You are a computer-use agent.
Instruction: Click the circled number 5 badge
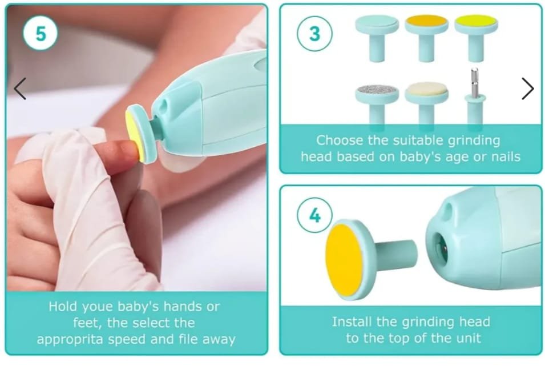point(41,33)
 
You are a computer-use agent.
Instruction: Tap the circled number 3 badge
point(314,34)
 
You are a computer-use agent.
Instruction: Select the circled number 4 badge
point(314,215)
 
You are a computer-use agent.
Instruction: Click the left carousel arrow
point(20,89)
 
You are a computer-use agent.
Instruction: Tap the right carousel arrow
point(528,89)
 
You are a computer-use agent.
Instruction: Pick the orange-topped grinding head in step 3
point(426,38)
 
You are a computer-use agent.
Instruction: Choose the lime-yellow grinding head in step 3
point(476,38)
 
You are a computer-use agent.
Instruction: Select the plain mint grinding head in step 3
point(377,38)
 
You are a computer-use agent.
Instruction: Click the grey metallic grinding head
point(377,103)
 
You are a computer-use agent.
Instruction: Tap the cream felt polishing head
point(426,103)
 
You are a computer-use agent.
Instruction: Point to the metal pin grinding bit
point(474,96)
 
